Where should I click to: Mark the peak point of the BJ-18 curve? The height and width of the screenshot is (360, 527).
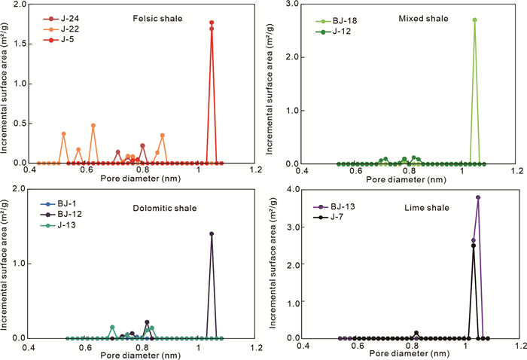[x=474, y=20]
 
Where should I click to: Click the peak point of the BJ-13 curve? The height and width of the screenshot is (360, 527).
[x=478, y=197]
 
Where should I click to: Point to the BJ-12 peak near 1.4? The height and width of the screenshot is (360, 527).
[x=212, y=233]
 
